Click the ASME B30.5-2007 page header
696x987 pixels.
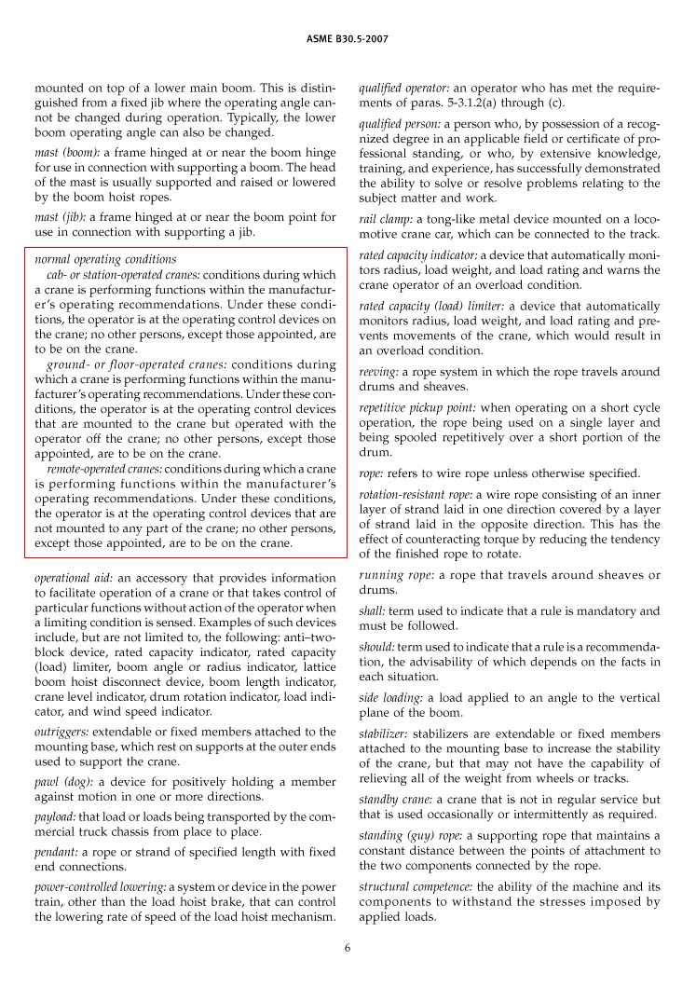[x=347, y=39]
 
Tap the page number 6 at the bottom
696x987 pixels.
[x=347, y=949]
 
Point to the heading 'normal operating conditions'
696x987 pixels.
[x=105, y=258]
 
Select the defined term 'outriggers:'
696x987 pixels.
[x=61, y=732]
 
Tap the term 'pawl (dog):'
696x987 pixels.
[x=63, y=781]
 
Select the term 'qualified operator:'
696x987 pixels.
[x=403, y=88]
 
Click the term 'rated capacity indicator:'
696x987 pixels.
[x=418, y=254]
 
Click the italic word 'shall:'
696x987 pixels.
[x=372, y=610]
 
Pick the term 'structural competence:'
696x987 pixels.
[x=415, y=885]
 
